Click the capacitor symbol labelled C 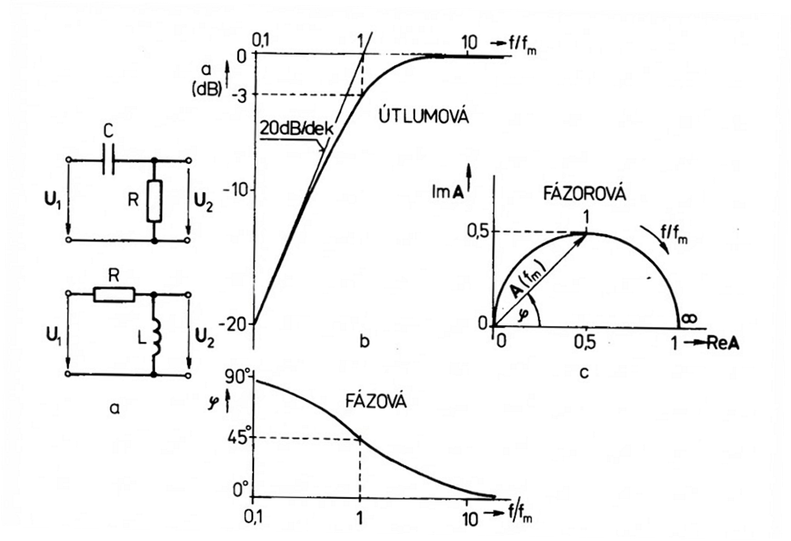108,160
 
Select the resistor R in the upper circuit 154,202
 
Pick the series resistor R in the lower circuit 114,294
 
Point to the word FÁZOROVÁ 585,194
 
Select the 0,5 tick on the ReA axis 585,344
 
